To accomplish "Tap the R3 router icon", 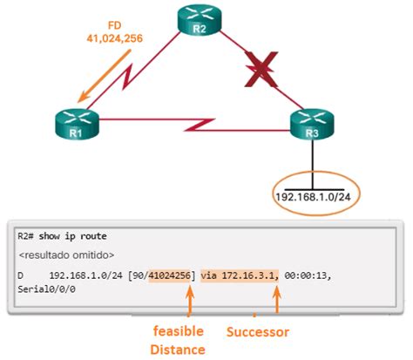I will (311, 126).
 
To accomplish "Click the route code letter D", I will (23, 275).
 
